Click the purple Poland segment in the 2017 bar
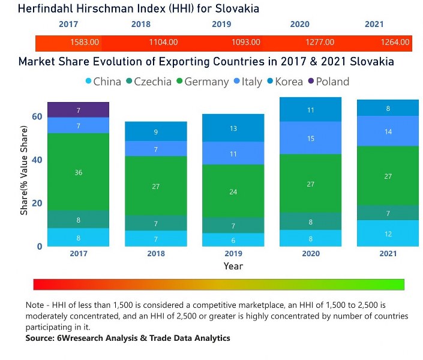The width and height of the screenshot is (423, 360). (x=78, y=110)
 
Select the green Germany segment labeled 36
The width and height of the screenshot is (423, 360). (x=78, y=172)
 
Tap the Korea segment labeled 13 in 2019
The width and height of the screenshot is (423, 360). (x=233, y=128)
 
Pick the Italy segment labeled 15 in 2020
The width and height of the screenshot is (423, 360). (x=310, y=138)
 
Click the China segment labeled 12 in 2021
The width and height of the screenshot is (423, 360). (x=388, y=233)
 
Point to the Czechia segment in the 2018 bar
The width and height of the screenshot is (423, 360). (x=155, y=223)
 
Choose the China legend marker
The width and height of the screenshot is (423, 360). (x=89, y=82)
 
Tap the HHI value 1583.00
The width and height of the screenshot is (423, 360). (x=85, y=43)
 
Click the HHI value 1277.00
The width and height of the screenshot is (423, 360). (x=320, y=43)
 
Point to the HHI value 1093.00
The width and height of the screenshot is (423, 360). (x=246, y=43)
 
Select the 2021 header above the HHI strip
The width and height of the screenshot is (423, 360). (x=374, y=25)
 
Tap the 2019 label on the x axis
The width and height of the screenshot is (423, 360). (x=233, y=254)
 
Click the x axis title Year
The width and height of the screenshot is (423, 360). (x=233, y=266)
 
